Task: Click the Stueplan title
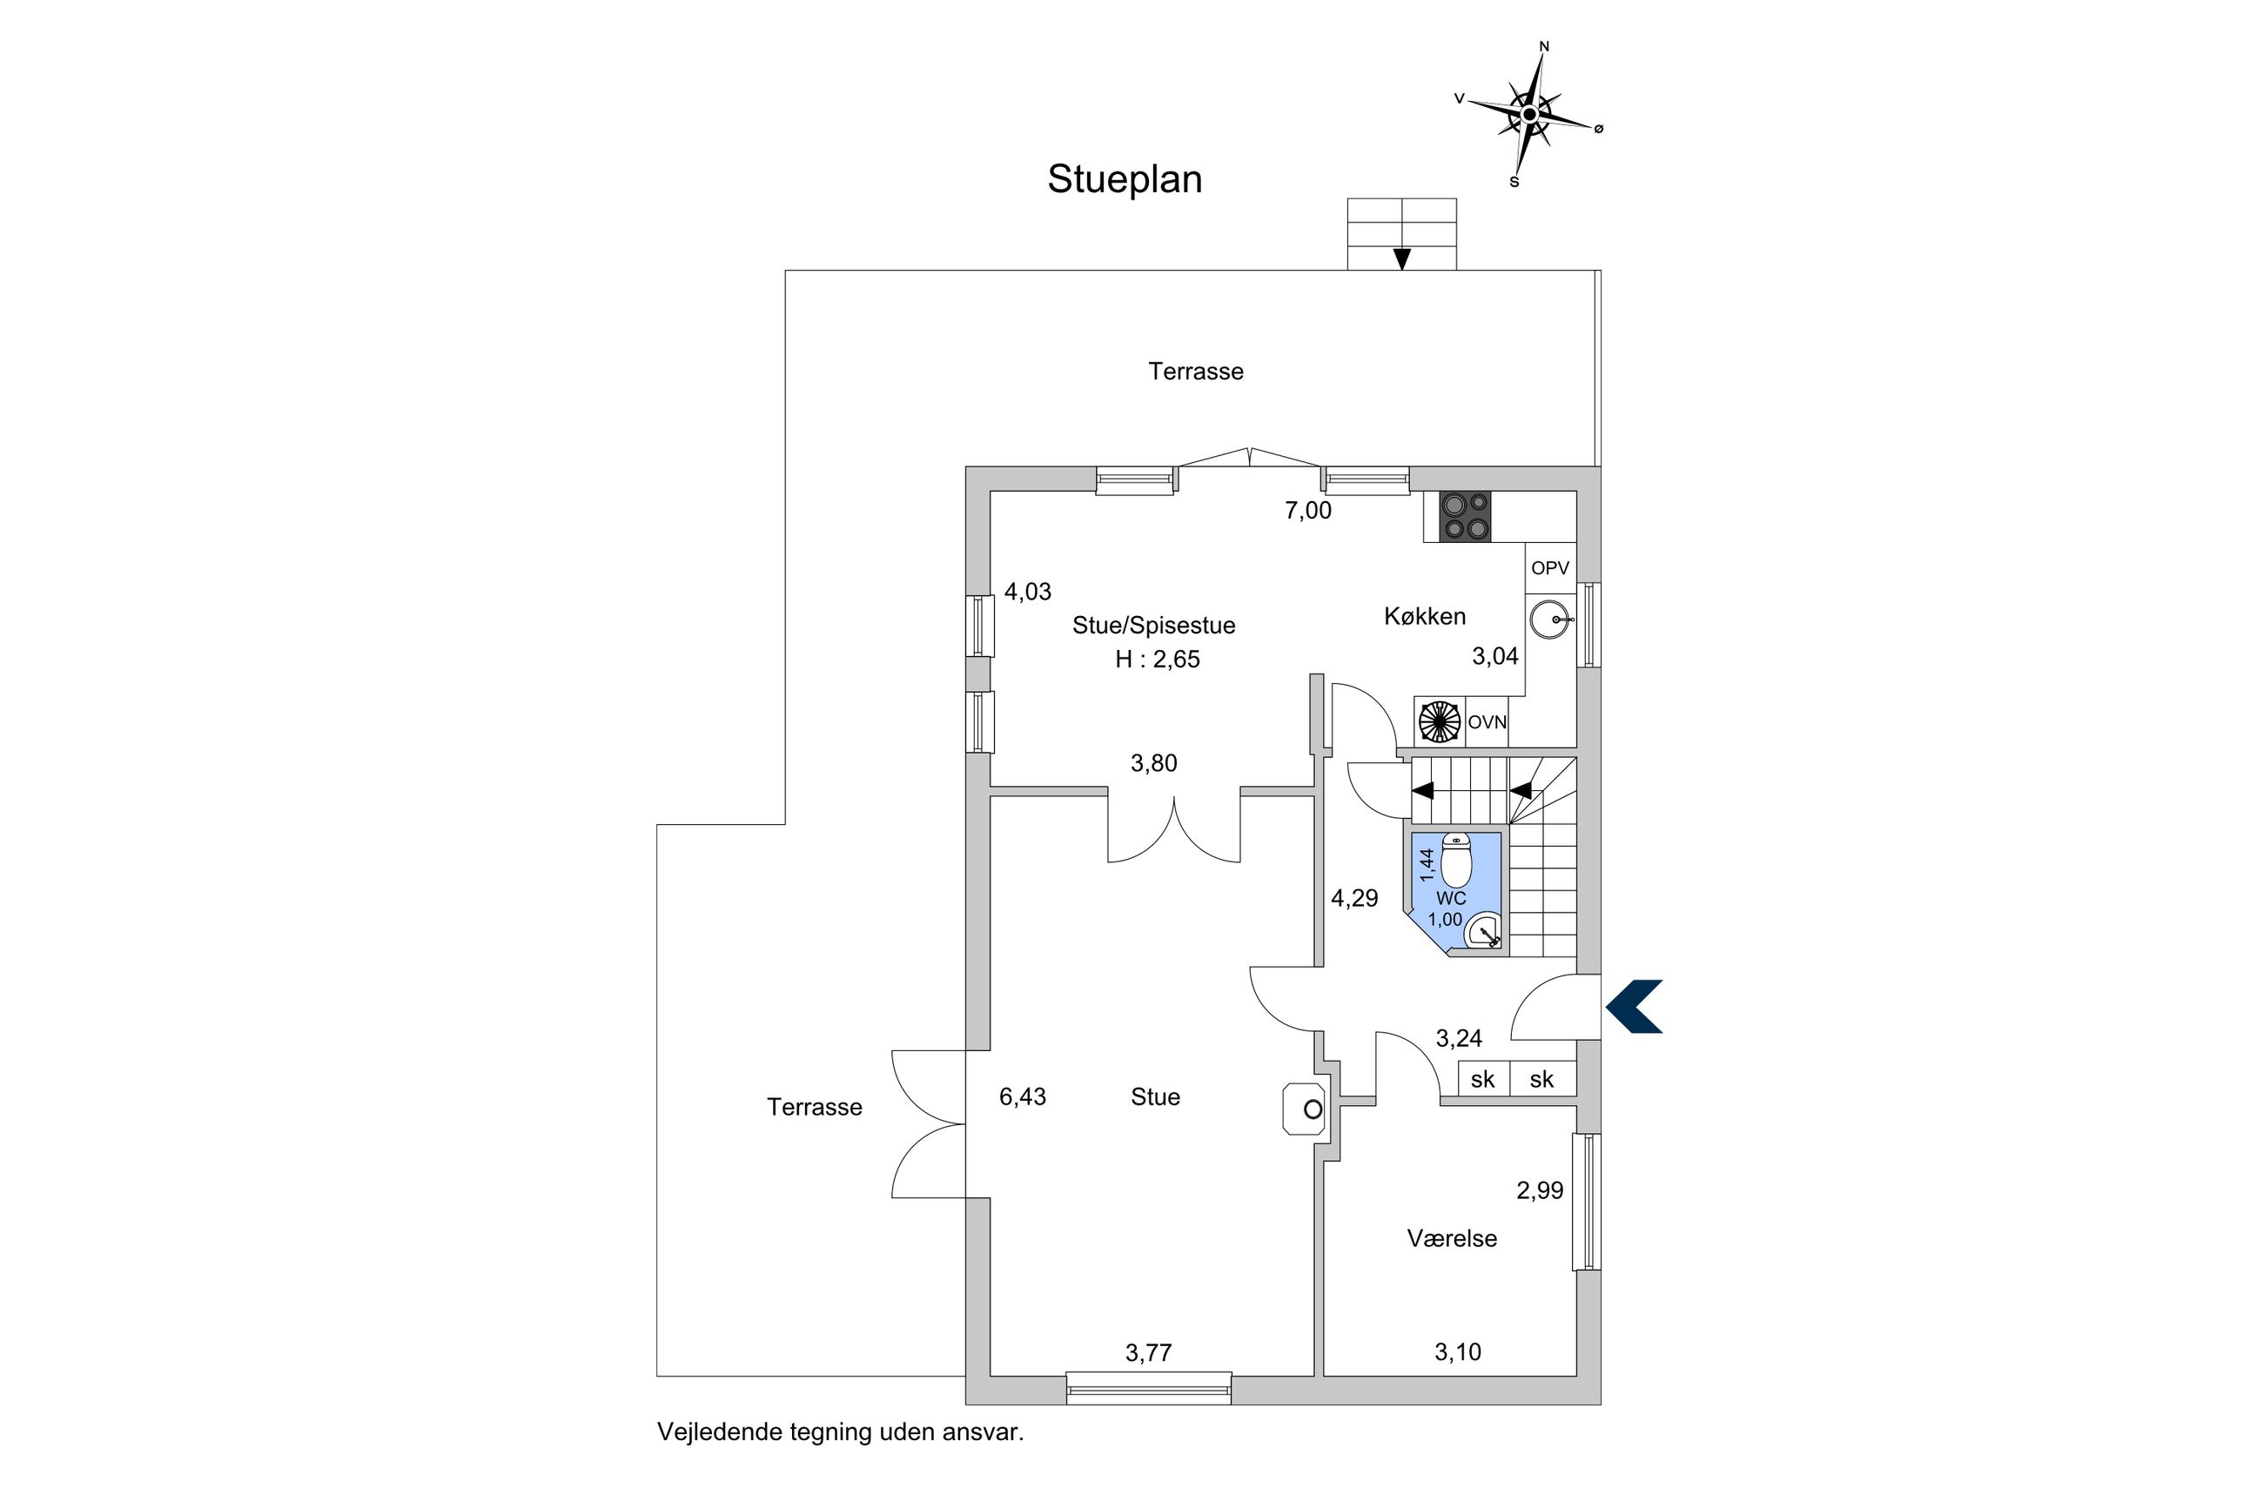[x=1125, y=180]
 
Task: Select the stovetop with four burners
[x=1465, y=517]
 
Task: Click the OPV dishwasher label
[x=1549, y=568]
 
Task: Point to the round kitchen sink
[x=1549, y=620]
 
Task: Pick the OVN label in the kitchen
[x=1487, y=722]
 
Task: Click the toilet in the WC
[x=1456, y=860]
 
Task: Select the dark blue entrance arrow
[x=1633, y=1007]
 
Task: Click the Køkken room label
[x=1424, y=616]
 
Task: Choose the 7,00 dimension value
[x=1308, y=511]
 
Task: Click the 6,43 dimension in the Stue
[x=1023, y=1096]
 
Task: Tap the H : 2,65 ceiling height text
[x=1157, y=660]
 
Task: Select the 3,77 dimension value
[x=1148, y=1353]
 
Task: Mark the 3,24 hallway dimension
[x=1459, y=1039]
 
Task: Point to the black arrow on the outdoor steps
[x=1402, y=258]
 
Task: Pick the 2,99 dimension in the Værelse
[x=1540, y=1190]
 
